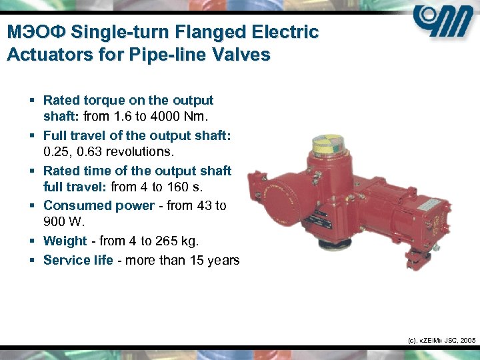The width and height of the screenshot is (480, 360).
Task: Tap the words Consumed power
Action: pos(99,205)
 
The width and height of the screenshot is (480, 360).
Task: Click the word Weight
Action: pos(65,240)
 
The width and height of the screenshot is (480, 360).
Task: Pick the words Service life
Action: pos(78,260)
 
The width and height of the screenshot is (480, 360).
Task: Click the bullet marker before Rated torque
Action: pos(32,101)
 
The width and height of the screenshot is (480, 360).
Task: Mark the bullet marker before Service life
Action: pos(32,260)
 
